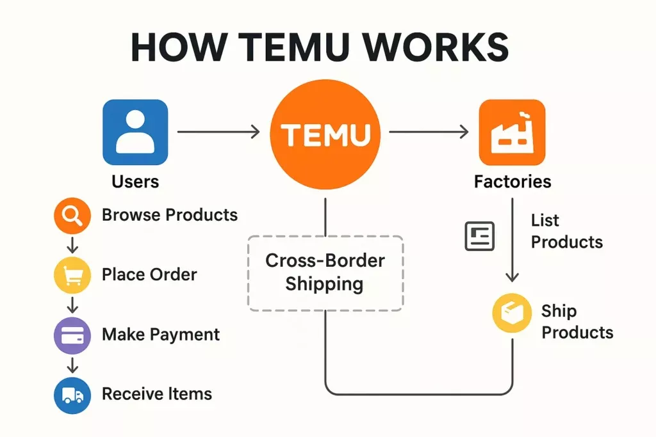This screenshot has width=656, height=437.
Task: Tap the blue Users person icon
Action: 135,132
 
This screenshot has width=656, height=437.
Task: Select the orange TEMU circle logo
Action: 325,134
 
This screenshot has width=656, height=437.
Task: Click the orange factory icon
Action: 512,132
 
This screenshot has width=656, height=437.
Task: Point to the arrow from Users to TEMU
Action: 218,132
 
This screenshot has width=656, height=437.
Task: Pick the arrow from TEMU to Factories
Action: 429,132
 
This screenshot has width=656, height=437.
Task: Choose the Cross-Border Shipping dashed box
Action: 325,273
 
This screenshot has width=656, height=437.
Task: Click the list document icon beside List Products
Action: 479,235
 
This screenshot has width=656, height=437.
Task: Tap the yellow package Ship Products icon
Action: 512,314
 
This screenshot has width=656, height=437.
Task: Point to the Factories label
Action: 512,182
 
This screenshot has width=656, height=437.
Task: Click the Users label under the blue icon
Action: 135,182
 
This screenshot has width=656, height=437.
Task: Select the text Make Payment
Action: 160,335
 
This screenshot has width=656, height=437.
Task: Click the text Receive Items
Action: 156,394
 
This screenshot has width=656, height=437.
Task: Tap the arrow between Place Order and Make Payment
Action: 72,305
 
